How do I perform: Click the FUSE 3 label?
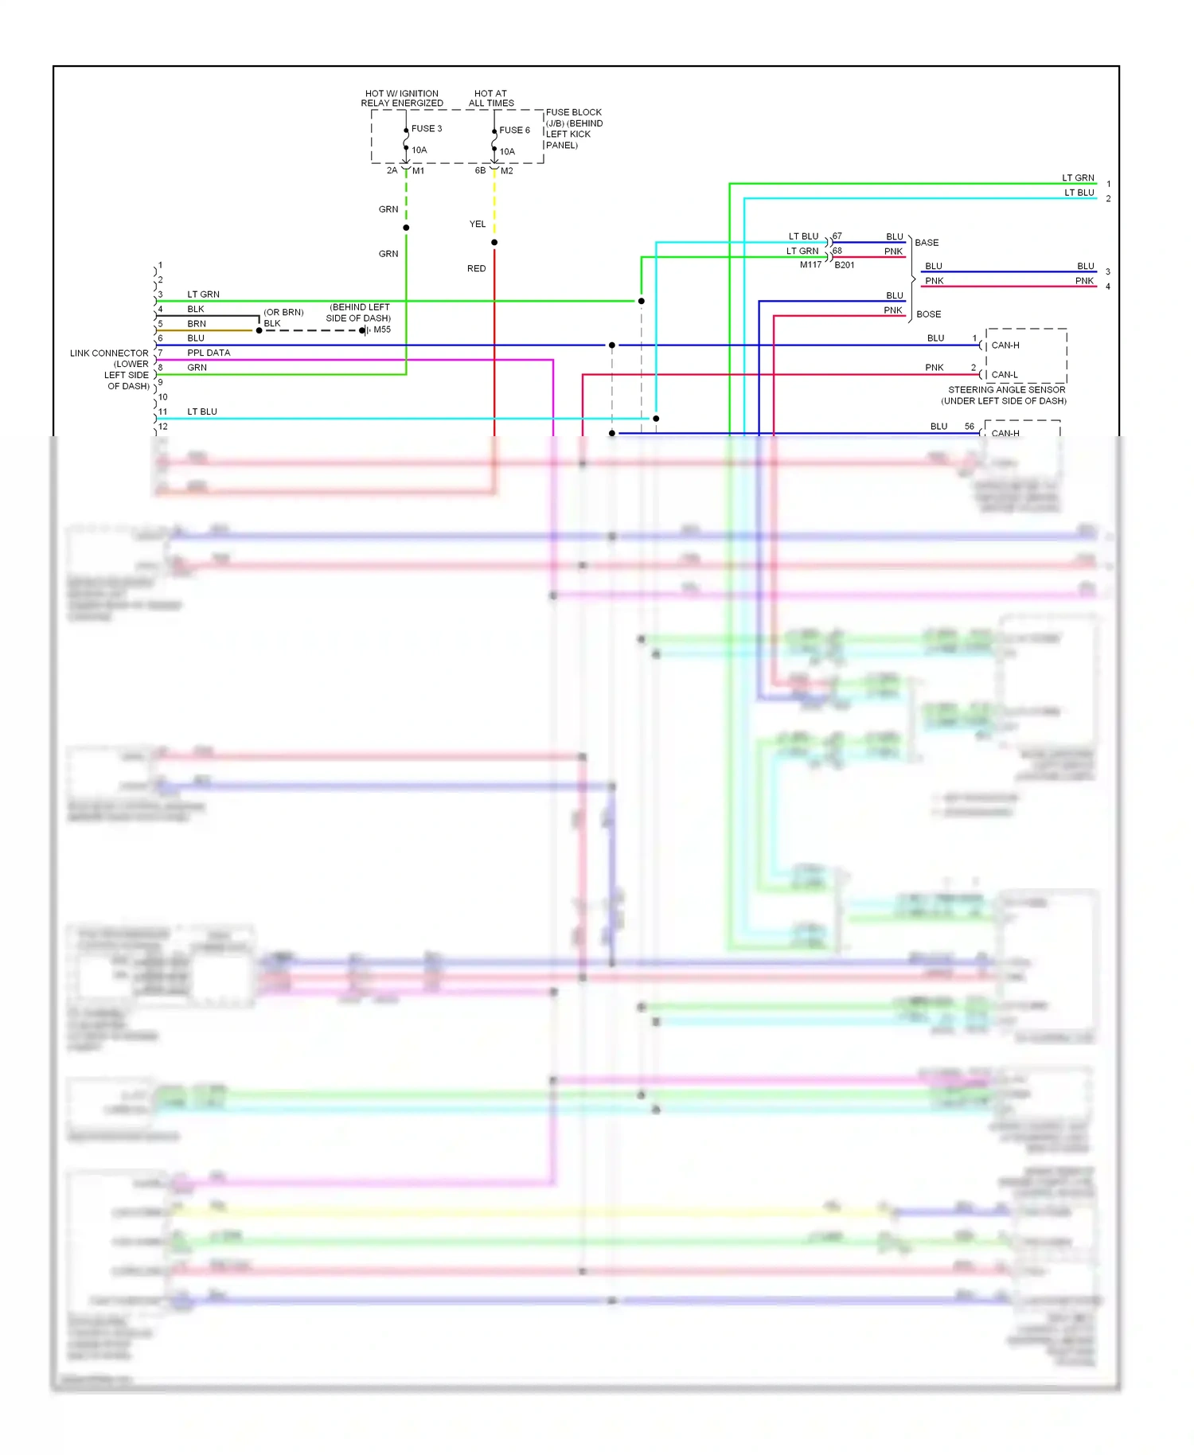pos(426,128)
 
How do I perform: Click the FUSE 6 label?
pos(514,130)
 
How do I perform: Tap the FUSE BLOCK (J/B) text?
pos(573,117)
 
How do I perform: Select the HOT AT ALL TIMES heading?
pos(490,98)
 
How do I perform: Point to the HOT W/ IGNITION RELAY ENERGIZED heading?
pos(402,98)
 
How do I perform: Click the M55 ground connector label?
pos(382,330)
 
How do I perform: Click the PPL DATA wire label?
pos(209,353)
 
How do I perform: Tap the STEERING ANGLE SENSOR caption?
pos(1006,390)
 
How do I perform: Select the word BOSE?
pos(928,314)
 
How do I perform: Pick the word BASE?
pos(927,243)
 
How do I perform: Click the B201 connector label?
pos(844,265)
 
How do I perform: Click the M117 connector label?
pos(810,265)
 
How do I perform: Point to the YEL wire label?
pos(477,224)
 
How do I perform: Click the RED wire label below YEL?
pos(476,269)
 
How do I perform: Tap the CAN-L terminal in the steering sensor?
pos(1004,374)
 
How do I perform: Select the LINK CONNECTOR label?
pos(109,353)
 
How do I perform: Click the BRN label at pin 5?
pos(197,324)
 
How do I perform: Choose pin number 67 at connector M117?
pos(837,236)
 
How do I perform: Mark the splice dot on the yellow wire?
pos(494,242)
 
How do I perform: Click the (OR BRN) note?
pos(283,312)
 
